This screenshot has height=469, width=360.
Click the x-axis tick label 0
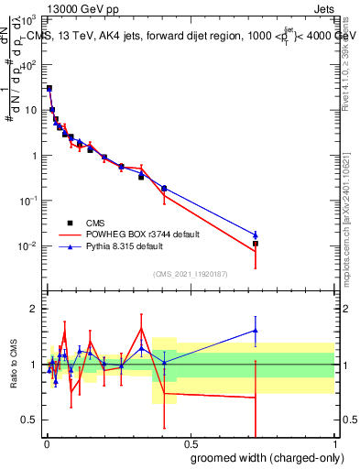point(46,442)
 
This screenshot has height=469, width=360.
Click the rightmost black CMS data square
point(256,244)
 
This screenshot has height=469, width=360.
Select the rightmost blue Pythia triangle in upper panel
point(256,234)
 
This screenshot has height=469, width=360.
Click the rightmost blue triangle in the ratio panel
point(256,331)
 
